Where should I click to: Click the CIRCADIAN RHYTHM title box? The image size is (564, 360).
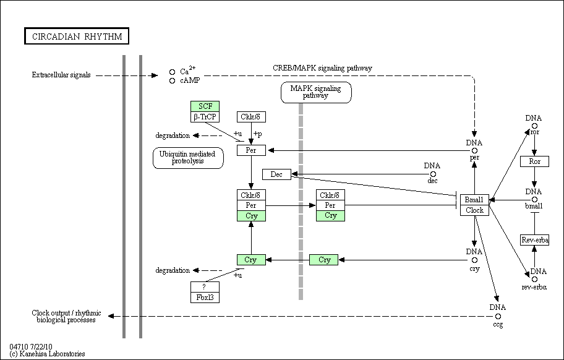[x=77, y=36]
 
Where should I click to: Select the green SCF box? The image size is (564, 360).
[x=205, y=106]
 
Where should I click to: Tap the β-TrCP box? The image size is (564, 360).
[x=205, y=117]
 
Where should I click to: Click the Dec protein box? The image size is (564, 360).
[x=276, y=174]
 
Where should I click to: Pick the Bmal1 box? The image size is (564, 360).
[x=474, y=200]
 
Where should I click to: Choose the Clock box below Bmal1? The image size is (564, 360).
[x=474, y=210]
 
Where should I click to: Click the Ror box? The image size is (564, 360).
[x=534, y=161]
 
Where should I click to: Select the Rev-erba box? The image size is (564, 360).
[x=534, y=240]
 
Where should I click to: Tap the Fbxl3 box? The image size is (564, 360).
[x=205, y=298]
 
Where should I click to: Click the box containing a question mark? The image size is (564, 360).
[x=205, y=287]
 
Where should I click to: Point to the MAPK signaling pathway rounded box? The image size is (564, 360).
[x=316, y=92]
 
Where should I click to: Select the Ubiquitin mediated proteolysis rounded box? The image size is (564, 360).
[x=188, y=158]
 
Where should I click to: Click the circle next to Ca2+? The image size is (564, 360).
[x=173, y=72]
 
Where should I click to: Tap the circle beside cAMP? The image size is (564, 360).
[x=173, y=81]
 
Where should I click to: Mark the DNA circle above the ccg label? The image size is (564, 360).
[x=498, y=317]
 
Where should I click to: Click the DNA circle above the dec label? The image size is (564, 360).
[x=433, y=174]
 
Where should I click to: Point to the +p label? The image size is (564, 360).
[x=257, y=134]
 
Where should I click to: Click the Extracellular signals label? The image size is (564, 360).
[x=61, y=75]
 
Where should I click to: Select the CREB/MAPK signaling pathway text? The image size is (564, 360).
[x=322, y=68]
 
